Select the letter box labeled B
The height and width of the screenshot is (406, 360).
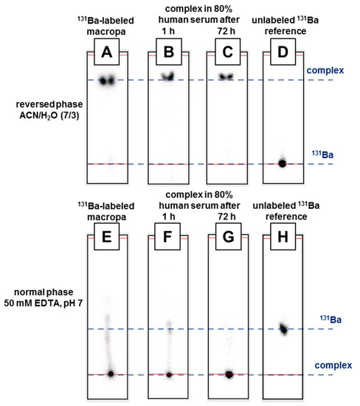[x=169, y=54]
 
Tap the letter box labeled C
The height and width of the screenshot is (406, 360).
[x=226, y=54]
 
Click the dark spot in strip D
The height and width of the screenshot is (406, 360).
[x=281, y=163]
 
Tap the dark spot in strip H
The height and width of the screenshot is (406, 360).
[x=283, y=328]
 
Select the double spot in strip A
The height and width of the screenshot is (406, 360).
[x=108, y=80]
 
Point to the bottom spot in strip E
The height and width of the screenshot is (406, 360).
[x=111, y=374]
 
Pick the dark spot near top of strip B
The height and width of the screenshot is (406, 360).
[x=169, y=76]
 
